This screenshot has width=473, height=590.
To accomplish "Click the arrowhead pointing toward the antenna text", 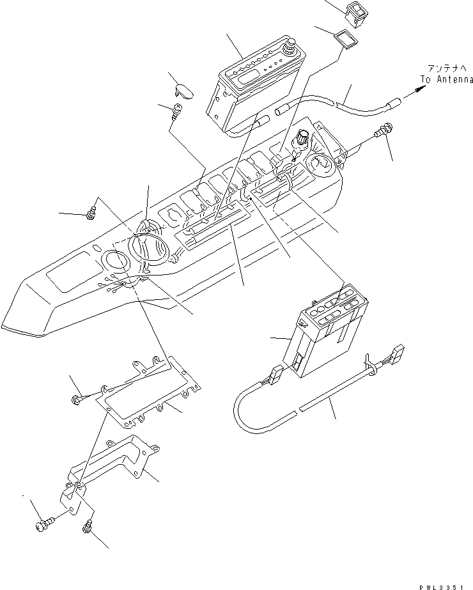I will point(418,90).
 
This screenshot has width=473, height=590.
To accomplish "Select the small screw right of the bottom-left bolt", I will point(88,528).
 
